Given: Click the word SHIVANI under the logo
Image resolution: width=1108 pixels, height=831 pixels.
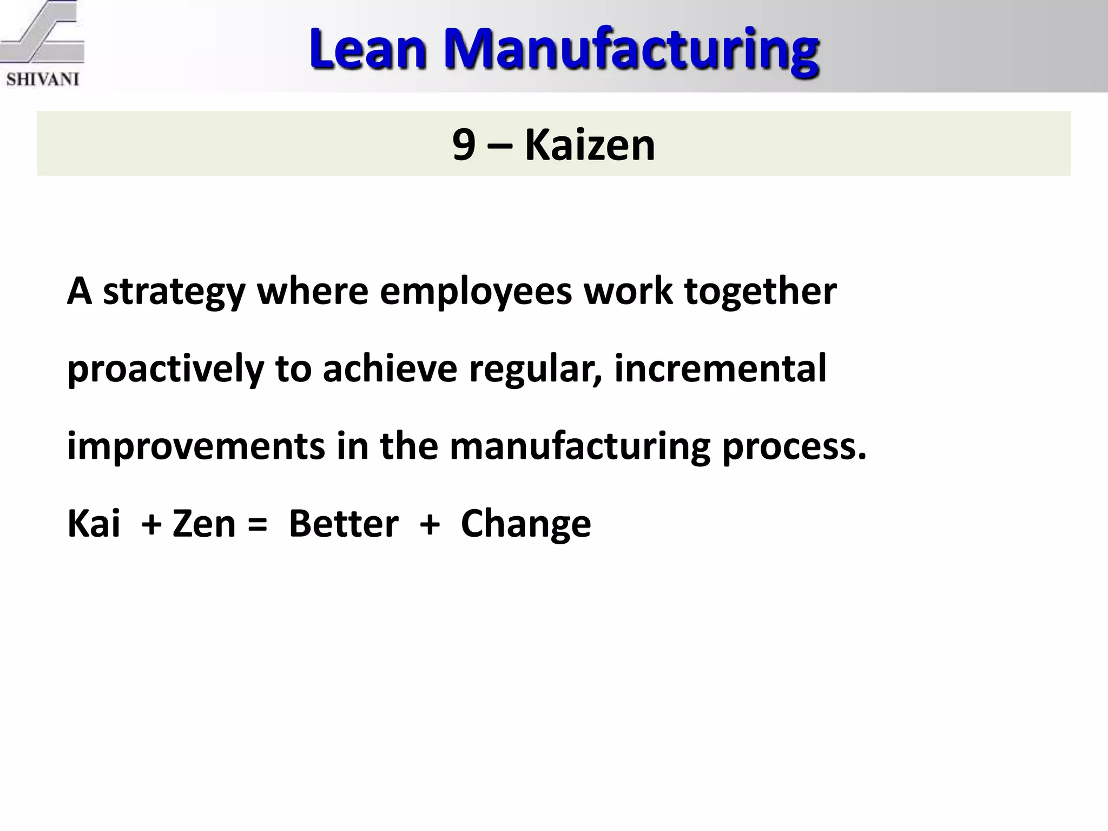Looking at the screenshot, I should [x=43, y=80].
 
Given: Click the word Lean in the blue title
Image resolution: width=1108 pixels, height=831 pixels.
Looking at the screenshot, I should [x=368, y=50].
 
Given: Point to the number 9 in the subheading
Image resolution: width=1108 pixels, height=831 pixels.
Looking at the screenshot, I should [x=464, y=145].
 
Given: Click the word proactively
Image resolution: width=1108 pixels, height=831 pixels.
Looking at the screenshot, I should [x=166, y=370].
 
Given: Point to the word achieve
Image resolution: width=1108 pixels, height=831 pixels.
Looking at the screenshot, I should [x=390, y=368].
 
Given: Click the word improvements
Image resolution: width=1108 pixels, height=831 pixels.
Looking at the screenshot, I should [x=196, y=447].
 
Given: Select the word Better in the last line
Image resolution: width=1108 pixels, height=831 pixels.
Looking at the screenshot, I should [x=344, y=524].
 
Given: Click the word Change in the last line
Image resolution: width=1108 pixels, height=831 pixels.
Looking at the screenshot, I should [x=526, y=525].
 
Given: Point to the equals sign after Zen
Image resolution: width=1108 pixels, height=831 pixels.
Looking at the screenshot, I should [x=258, y=525].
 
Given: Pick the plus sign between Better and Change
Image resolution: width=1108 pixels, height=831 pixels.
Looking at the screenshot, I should [x=430, y=525].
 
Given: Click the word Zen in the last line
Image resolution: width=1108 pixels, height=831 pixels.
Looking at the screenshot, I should [x=204, y=524].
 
